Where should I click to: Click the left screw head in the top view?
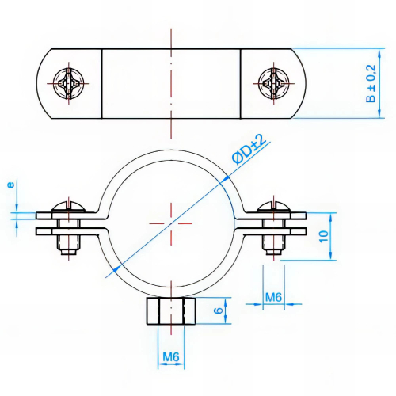coord(66,81)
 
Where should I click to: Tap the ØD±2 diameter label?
coord(248,150)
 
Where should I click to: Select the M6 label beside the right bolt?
coord(273,297)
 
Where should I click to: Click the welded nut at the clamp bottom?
coord(170,311)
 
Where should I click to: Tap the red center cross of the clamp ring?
coord(170,223)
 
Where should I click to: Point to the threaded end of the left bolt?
coord(67,253)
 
